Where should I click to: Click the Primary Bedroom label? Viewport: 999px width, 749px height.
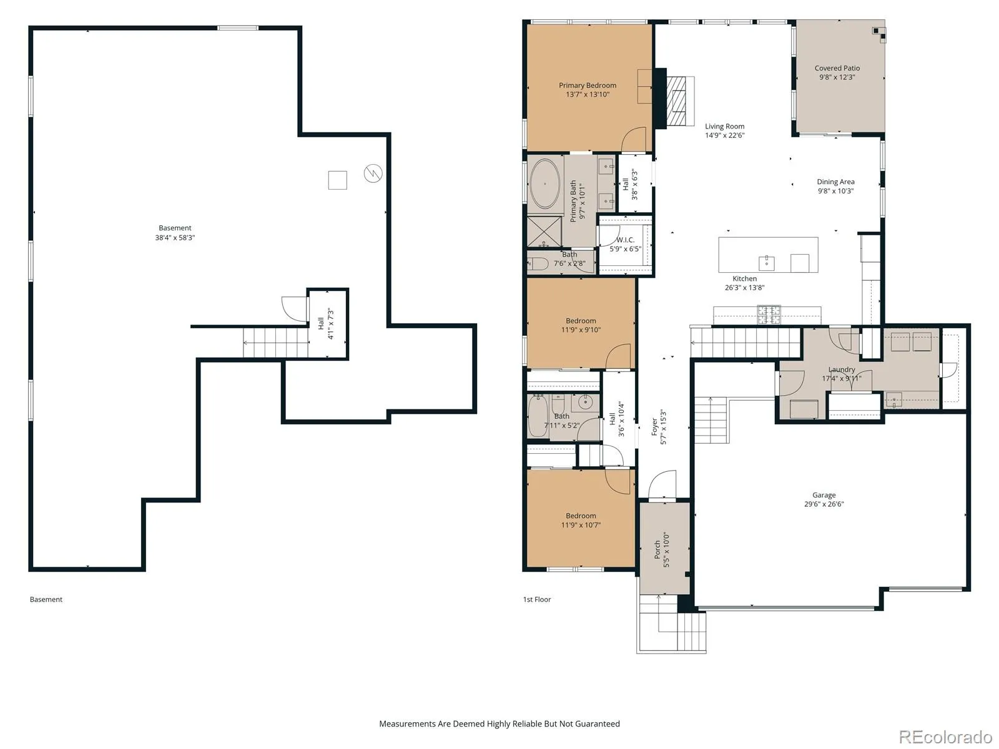(x=588, y=86)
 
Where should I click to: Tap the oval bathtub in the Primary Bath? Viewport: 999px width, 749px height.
(x=545, y=184)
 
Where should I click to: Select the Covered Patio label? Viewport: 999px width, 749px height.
(x=837, y=68)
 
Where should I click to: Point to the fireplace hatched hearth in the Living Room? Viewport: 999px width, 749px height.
(x=677, y=101)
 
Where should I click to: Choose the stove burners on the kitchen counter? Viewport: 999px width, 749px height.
(x=769, y=314)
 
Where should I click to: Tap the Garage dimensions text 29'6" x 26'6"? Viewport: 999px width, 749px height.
(x=824, y=504)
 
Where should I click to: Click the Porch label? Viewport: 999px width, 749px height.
(x=657, y=549)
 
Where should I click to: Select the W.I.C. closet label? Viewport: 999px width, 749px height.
(x=626, y=240)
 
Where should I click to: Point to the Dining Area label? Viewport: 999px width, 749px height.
(x=835, y=182)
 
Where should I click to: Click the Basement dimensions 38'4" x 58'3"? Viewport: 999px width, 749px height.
(x=175, y=237)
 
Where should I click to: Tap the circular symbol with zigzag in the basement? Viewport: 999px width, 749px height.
(x=373, y=174)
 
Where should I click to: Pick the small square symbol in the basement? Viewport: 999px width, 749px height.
(x=338, y=180)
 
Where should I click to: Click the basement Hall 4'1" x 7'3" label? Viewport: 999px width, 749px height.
(x=326, y=324)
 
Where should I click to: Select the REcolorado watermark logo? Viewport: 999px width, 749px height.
(x=946, y=737)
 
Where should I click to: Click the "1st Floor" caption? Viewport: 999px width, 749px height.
(x=536, y=599)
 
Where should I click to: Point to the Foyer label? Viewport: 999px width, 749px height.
(x=654, y=427)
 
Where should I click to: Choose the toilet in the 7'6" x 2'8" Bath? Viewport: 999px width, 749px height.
(x=538, y=264)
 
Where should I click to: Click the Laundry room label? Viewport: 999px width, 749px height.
(x=842, y=370)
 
